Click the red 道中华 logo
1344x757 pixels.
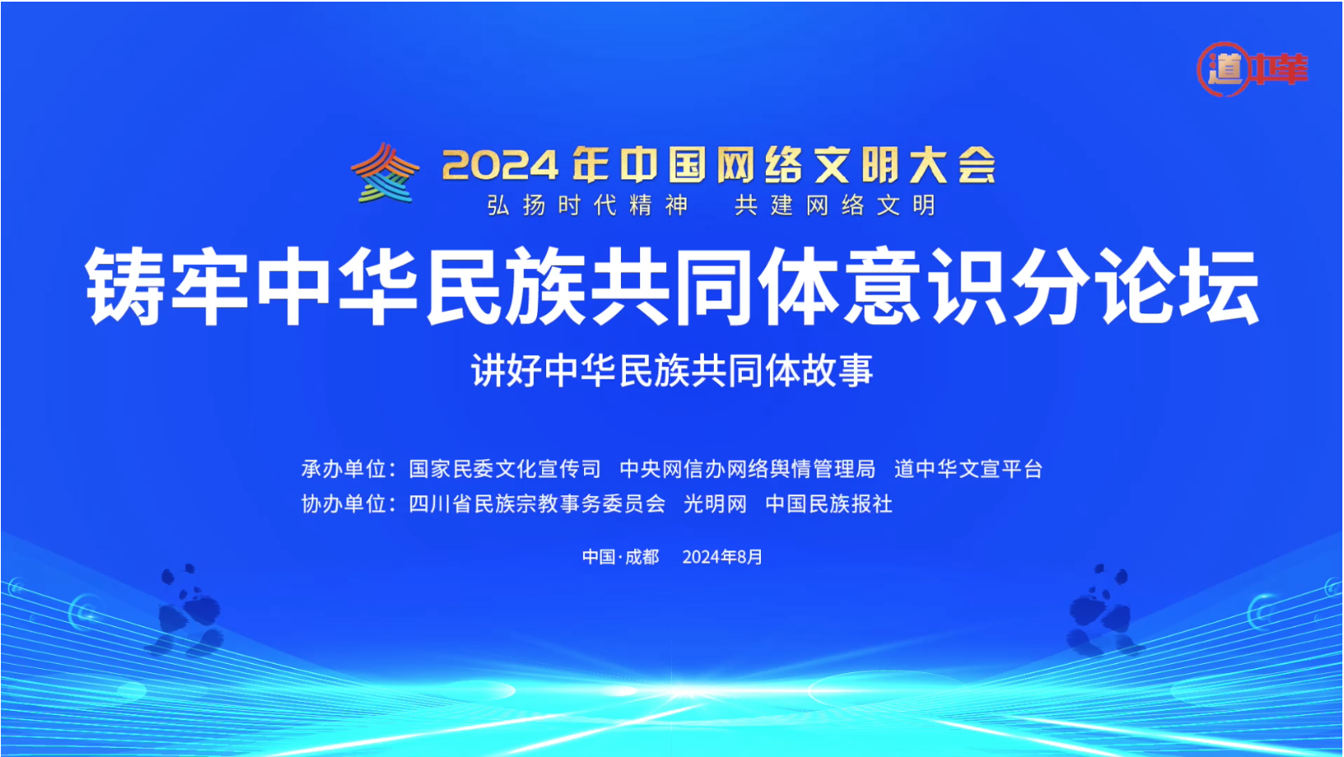pos(1252,69)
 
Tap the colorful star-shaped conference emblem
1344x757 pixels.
pos(385,173)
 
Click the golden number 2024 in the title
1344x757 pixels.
pos(500,165)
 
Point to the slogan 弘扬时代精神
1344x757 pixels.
pos(587,206)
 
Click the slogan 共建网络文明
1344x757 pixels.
pos(835,206)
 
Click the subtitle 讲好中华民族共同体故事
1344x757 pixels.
pos(672,370)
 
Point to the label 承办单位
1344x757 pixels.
pos(343,469)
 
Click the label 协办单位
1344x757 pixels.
pos(343,504)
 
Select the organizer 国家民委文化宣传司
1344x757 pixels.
pos(504,469)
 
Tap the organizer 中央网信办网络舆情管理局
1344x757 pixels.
pos(748,469)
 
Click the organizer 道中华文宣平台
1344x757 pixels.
pos(968,469)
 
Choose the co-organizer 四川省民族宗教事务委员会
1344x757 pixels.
pos(537,504)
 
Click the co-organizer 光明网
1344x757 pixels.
pos(716,504)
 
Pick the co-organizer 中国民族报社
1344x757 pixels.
pos(829,504)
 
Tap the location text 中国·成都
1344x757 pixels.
pos(620,557)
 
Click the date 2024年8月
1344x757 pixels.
pos(722,557)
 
